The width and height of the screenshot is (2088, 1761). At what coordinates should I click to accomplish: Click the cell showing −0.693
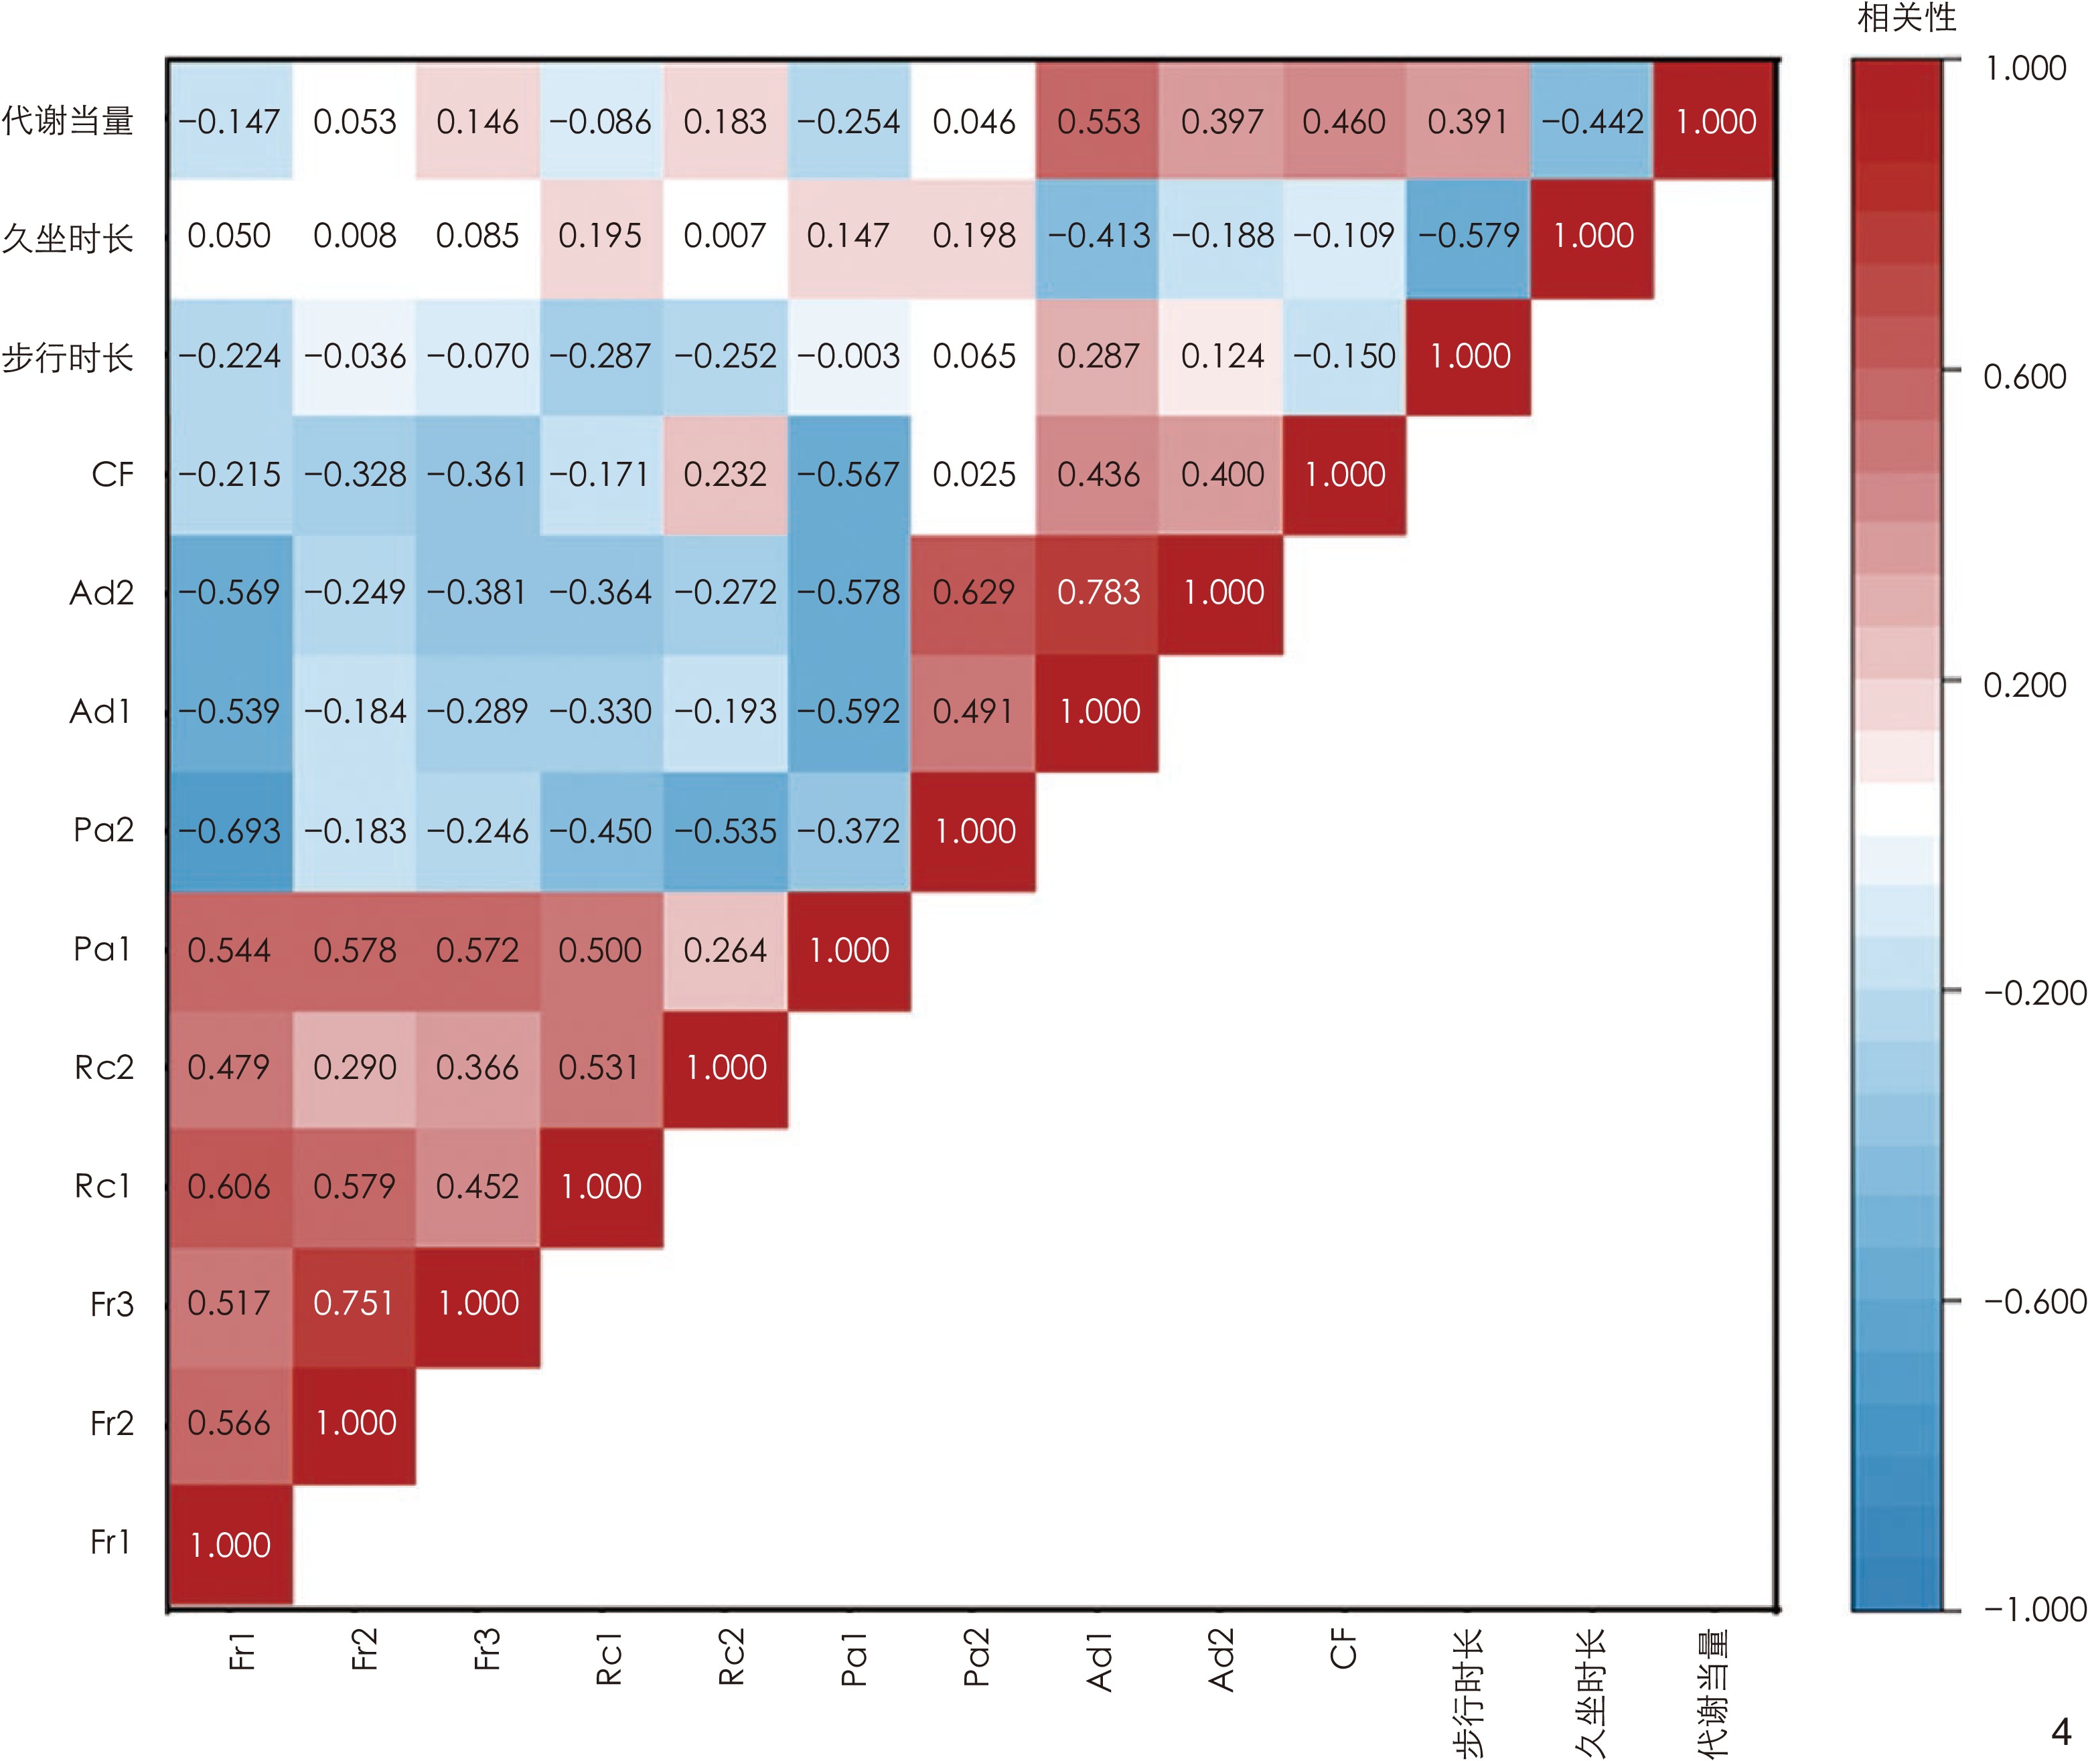coord(230,831)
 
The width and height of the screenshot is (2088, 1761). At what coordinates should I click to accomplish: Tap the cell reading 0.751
coord(354,1304)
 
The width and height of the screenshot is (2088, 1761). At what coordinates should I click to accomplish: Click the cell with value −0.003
coord(848,356)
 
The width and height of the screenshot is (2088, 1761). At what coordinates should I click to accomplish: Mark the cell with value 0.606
coord(230,1186)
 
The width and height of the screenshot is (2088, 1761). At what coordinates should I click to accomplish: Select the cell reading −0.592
coord(848,711)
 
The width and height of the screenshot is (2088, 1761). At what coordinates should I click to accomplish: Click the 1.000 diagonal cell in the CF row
coord(1344,474)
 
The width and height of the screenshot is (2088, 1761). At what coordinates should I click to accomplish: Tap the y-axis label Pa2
coord(103,829)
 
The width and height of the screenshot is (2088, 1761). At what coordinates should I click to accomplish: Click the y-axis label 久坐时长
coord(68,238)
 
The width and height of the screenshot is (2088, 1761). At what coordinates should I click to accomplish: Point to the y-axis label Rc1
coord(103,1186)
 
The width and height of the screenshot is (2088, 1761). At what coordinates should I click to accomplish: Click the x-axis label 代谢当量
coord(1714,1692)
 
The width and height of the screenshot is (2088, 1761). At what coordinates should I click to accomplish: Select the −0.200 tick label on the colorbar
coord(2034,993)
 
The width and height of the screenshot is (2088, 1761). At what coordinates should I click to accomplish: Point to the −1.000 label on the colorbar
coord(2034,1609)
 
